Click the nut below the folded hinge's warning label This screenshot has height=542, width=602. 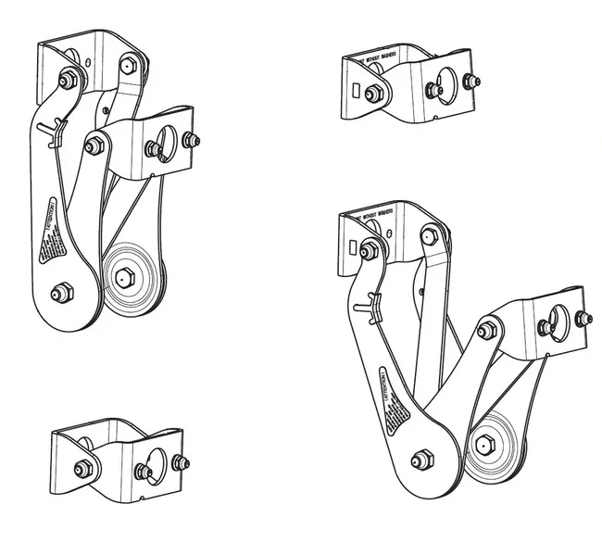pos(62,292)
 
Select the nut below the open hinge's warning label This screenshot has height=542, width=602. pos(420,458)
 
